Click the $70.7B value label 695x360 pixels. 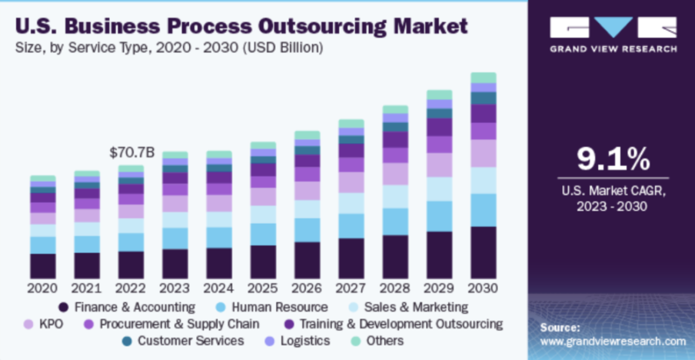tap(133, 152)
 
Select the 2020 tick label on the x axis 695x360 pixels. tap(43, 288)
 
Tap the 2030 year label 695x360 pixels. tap(484, 288)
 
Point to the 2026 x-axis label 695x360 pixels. tap(308, 288)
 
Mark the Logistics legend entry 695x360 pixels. tap(297, 341)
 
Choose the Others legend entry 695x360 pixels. tap(377, 341)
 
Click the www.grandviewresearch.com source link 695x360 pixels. tap(613, 341)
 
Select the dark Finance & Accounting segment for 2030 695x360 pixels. tap(484, 252)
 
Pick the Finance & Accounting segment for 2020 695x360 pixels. tap(43, 265)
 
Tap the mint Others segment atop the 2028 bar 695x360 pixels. tap(395, 109)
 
